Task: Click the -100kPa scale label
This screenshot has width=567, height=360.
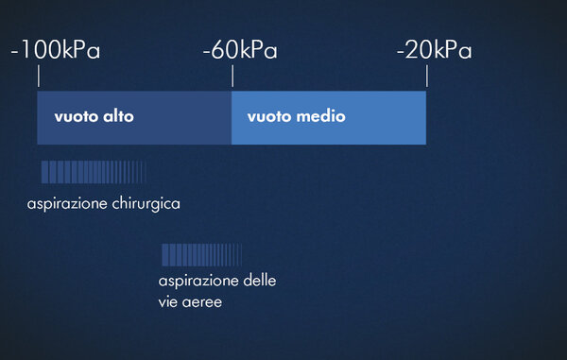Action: [56, 49]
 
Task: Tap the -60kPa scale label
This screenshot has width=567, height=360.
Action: [240, 49]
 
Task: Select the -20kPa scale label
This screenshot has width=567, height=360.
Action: [435, 49]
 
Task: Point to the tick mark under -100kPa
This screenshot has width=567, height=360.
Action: [39, 76]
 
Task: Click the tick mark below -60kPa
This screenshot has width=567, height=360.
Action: [232, 76]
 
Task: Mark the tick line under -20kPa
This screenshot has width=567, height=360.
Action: [427, 76]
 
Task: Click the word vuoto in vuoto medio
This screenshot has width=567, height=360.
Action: [269, 117]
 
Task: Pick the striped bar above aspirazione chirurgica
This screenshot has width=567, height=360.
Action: [94, 172]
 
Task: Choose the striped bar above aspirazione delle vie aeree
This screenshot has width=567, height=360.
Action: [202, 255]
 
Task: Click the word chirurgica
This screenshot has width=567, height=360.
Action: [146, 204]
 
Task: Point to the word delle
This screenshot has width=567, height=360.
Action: [259, 280]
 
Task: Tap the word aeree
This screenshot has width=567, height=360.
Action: [202, 302]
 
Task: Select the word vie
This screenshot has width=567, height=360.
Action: [167, 301]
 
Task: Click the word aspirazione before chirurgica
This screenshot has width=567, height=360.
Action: [67, 204]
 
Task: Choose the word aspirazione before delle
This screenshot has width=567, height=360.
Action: [198, 282]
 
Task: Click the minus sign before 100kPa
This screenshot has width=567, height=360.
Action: [14, 52]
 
